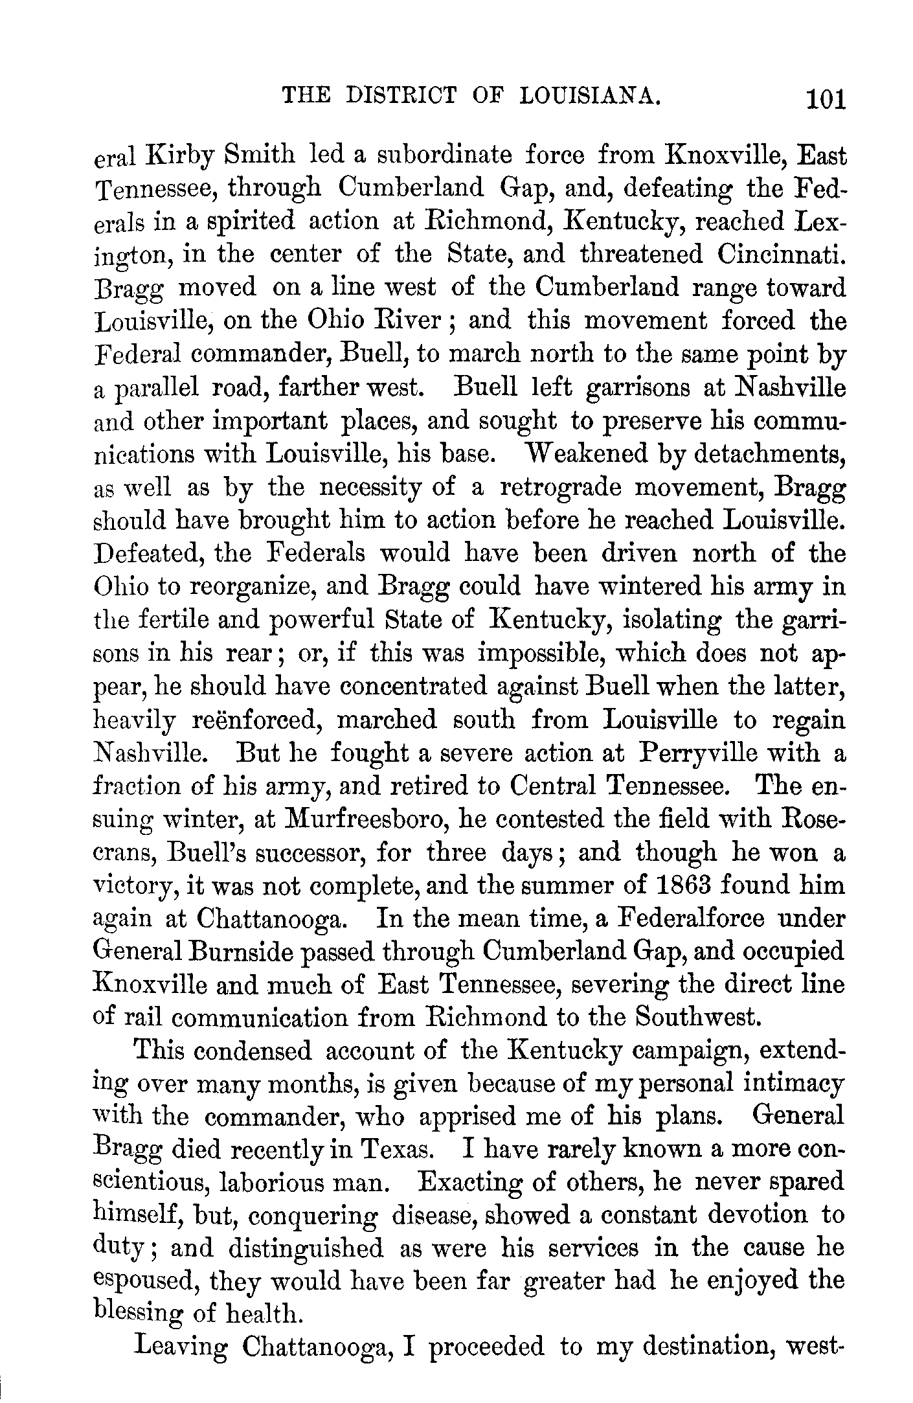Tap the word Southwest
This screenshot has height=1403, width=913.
[x=695, y=1018]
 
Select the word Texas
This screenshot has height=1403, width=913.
[x=395, y=1150]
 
